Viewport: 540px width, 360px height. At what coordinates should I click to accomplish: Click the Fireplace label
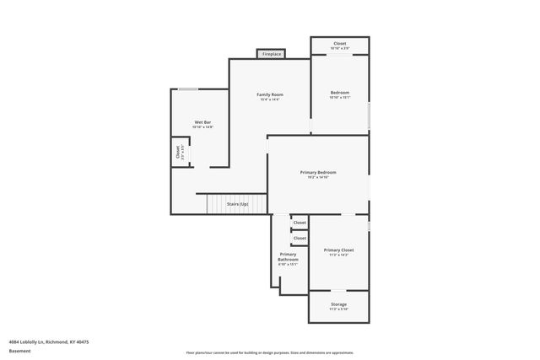pos(271,54)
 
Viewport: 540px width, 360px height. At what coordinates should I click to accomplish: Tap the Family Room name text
pos(270,94)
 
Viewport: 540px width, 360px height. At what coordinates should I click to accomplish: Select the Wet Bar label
pos(202,122)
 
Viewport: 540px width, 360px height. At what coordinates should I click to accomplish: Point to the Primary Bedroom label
pos(318,172)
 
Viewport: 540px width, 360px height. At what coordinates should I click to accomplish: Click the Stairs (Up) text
pos(237,204)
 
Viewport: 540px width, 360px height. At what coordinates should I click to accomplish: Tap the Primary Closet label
pos(338,250)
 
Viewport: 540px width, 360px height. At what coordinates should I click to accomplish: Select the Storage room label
pos(338,304)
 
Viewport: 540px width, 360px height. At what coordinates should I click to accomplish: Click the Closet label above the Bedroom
pos(339,43)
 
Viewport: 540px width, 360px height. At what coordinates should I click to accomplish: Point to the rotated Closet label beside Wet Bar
pos(178,152)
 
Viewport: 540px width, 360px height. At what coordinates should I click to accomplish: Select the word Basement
pos(20,351)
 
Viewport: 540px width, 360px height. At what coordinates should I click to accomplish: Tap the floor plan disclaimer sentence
pos(270,352)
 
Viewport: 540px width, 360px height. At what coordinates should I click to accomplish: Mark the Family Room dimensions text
pos(270,99)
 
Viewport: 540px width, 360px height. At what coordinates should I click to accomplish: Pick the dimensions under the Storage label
pos(338,309)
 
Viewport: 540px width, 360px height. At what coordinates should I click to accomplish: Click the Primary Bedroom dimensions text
pos(318,177)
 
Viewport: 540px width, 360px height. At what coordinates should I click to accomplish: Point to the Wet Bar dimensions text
pos(202,127)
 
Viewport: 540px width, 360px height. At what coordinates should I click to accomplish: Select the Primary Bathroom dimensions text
pos(288,264)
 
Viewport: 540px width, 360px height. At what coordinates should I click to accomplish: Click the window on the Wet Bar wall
pos(188,89)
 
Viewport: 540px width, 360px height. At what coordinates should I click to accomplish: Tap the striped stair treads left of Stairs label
pos(216,204)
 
